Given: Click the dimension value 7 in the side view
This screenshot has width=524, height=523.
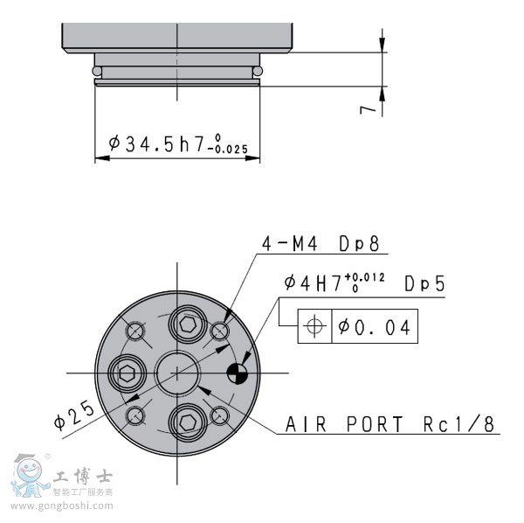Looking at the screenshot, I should (370, 108).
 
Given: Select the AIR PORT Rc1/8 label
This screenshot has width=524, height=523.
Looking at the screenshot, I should (390, 425).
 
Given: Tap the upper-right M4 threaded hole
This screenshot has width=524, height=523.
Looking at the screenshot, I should (219, 331).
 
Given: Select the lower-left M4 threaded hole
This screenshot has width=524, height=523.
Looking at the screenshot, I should (135, 415).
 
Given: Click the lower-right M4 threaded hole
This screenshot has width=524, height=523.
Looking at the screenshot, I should (219, 415).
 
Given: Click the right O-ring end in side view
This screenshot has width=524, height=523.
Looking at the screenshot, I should (259, 71).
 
